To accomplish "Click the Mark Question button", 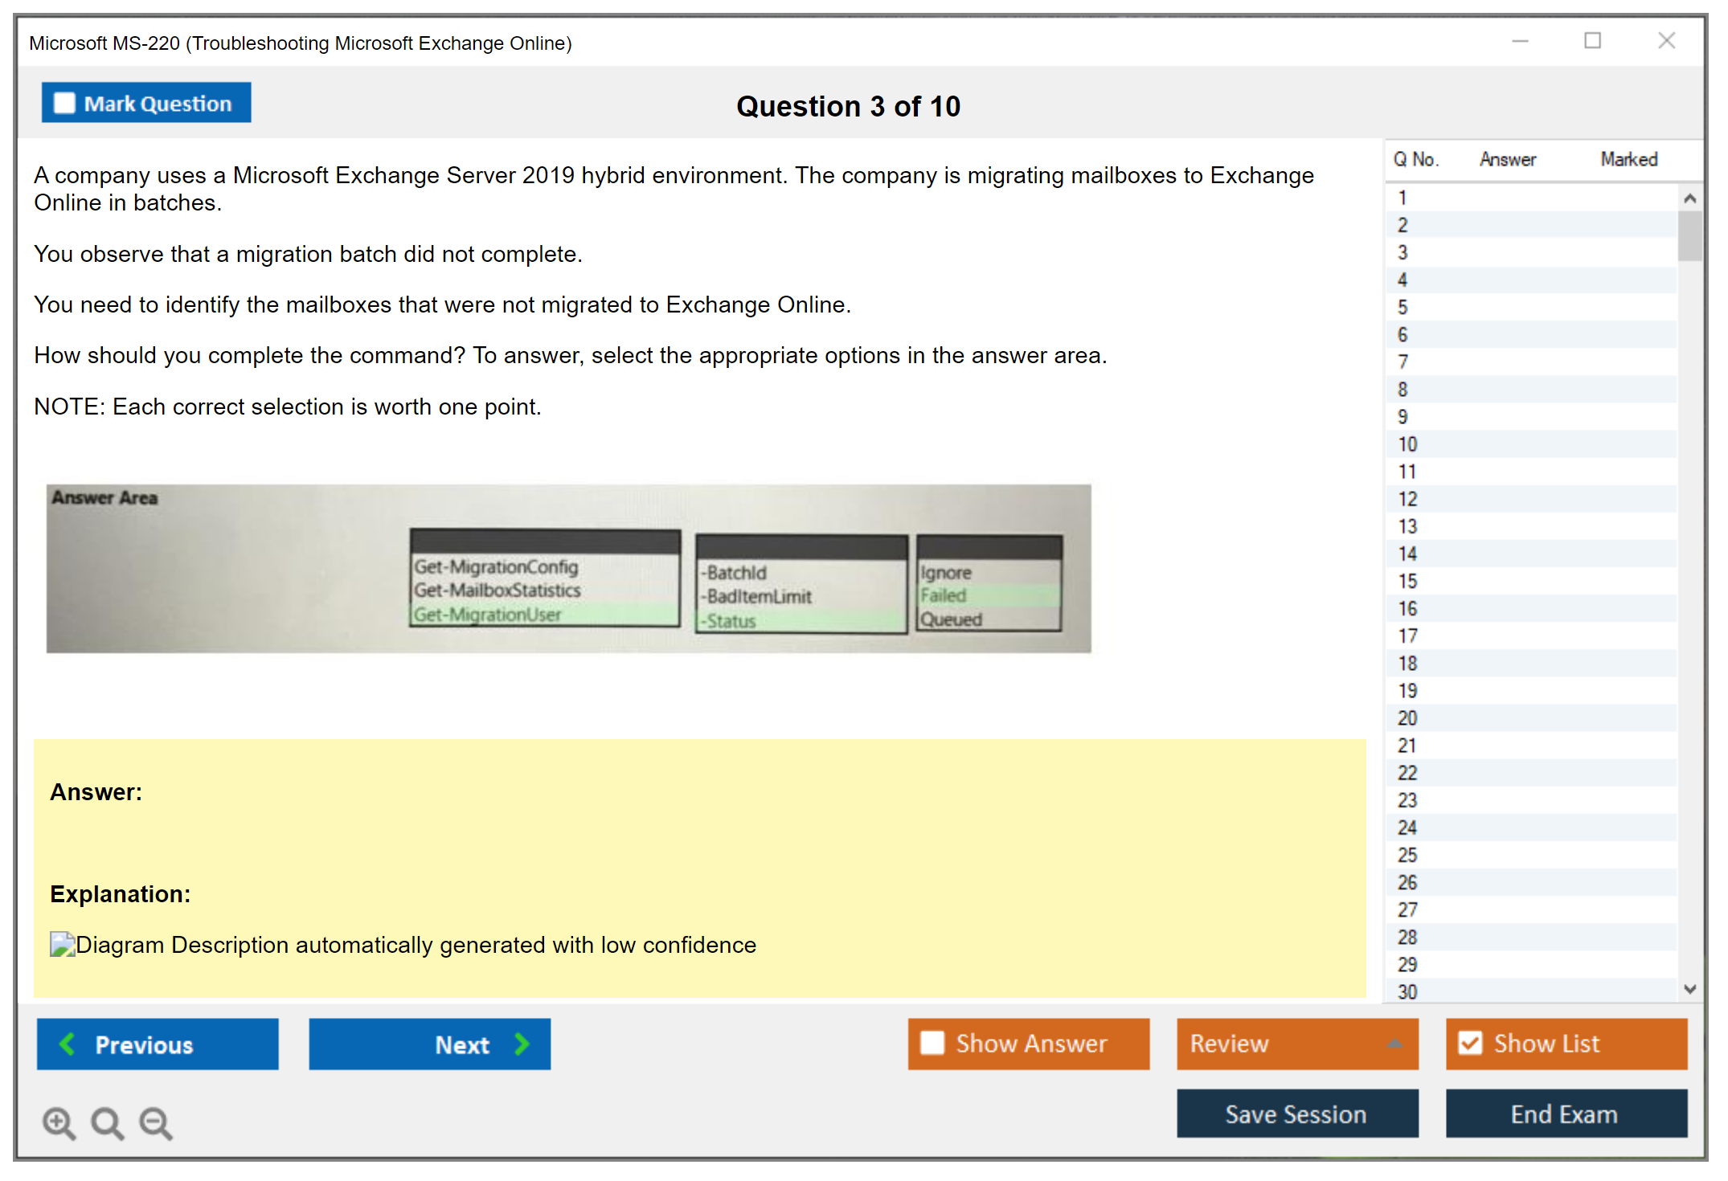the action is pos(146,103).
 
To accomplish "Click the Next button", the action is pos(430,1044).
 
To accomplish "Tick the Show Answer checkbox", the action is pos(932,1043).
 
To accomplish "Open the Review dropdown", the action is pos(1297,1044).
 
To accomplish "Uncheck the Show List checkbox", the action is pos(1470,1043).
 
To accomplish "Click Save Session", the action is pos(1297,1114).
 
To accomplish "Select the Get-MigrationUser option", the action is pos(487,615).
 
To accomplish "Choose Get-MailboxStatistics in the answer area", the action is pos(498,590).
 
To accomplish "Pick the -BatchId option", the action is pos(734,573).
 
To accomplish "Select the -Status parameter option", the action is pos(728,621).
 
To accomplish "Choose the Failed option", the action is pos(944,595).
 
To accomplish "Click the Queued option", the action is pos(952,619).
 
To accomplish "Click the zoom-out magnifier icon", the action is pos(156,1123).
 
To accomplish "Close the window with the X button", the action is pos(1666,40).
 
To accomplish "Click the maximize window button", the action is pos(1592,40).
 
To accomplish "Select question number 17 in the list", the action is pos(1407,635).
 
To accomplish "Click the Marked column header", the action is pos(1629,159).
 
